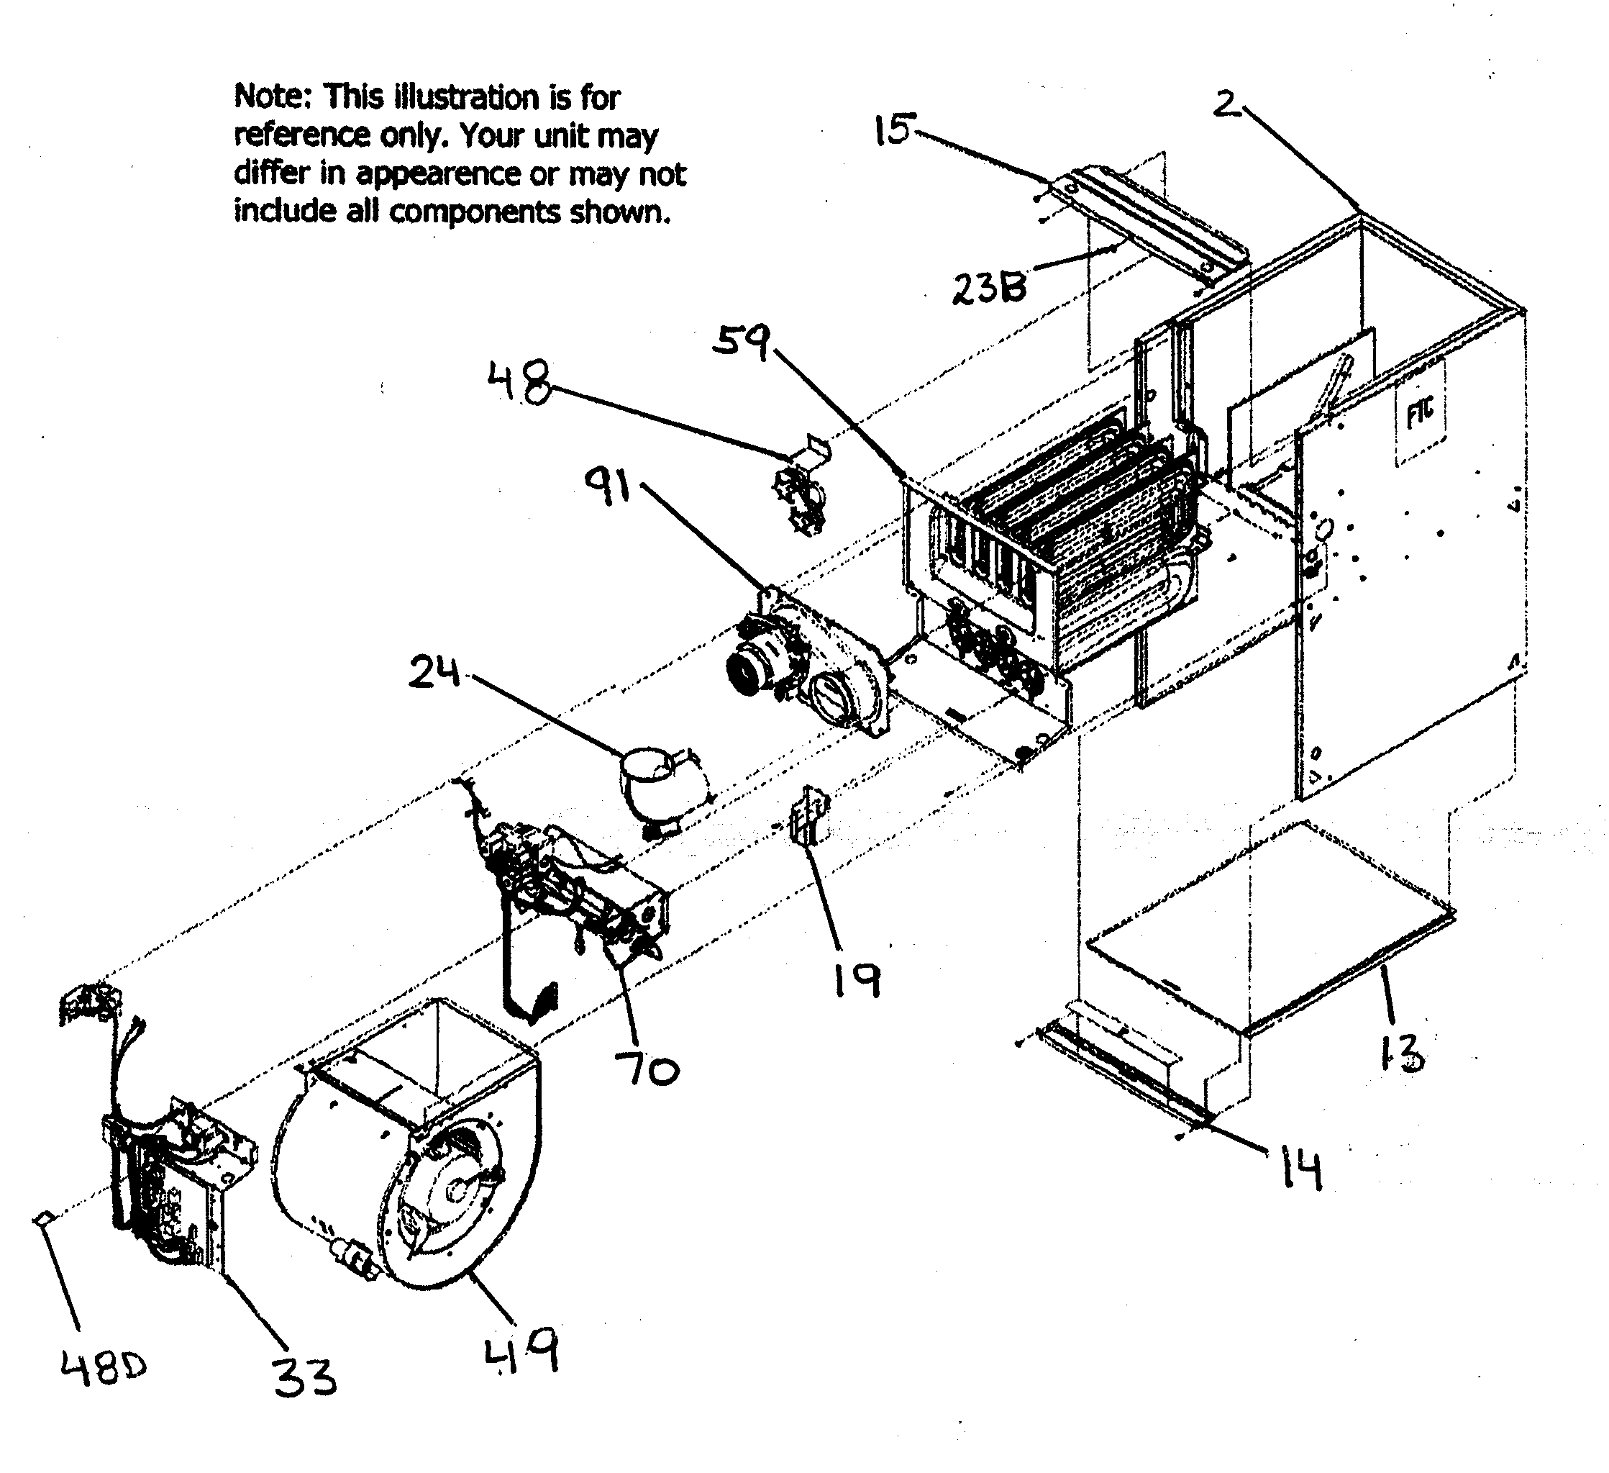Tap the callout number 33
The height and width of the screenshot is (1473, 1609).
[304, 1377]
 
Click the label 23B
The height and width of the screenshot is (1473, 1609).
[989, 289]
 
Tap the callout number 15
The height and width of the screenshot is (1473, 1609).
[891, 130]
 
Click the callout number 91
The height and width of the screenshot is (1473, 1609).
[608, 488]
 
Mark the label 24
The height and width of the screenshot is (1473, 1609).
[434, 672]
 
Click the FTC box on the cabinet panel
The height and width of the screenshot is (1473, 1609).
[1420, 414]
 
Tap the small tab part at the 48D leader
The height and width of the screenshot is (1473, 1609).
[43, 1217]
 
